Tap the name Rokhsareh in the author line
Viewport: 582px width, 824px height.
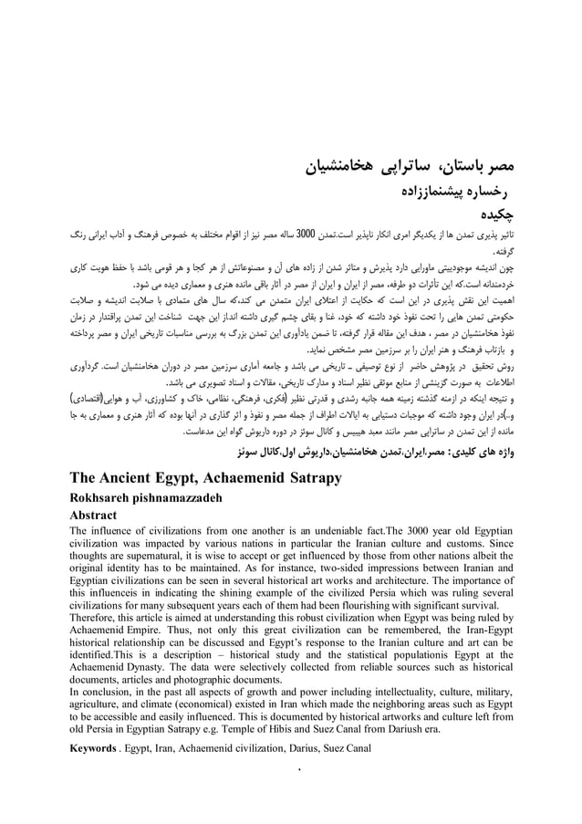click(104, 497)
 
